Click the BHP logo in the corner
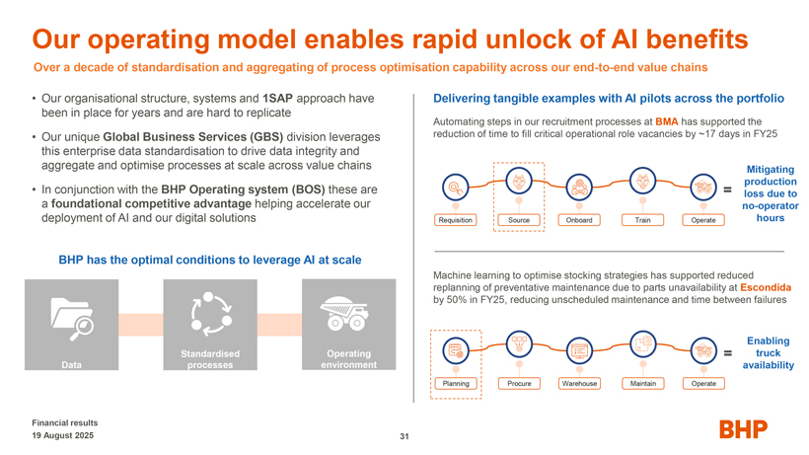(x=744, y=429)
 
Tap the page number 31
(x=404, y=436)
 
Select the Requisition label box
(x=456, y=220)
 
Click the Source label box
(x=519, y=220)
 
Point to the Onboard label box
(x=579, y=220)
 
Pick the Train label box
(x=643, y=220)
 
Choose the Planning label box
(x=456, y=384)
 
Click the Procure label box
(x=519, y=384)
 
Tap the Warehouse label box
(x=579, y=384)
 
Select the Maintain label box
(x=643, y=384)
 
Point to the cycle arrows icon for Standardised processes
(x=210, y=314)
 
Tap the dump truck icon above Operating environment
(x=343, y=313)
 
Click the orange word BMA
(x=667, y=121)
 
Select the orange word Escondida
(x=766, y=287)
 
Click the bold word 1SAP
(x=277, y=99)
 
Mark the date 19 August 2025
(x=63, y=435)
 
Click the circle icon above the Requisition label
(x=456, y=188)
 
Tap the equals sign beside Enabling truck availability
(x=727, y=353)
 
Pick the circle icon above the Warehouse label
(x=579, y=350)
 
